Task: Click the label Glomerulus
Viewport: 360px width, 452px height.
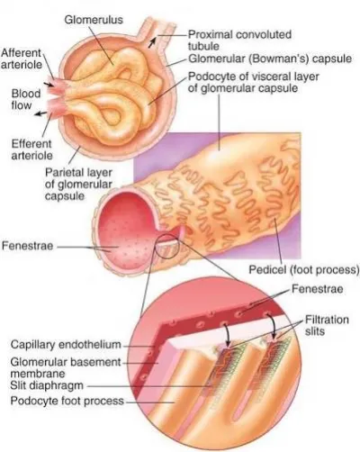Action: point(94,20)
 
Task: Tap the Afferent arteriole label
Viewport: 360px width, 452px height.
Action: point(22,59)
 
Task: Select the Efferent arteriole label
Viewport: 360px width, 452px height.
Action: point(31,149)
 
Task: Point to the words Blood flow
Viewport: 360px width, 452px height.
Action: point(26,99)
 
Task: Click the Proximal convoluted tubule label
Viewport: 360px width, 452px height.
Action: point(239,41)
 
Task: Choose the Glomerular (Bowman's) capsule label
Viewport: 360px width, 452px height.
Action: point(270,59)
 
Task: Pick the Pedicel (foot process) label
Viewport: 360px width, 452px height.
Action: point(304,269)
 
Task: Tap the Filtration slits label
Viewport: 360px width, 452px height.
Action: point(327,325)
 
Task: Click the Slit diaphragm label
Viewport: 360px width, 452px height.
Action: point(47,385)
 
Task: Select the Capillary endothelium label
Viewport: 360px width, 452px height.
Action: point(66,344)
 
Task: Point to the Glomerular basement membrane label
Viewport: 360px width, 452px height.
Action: point(66,367)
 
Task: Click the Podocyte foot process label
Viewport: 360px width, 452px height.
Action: point(67,401)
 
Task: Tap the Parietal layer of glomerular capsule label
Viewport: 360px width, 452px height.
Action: point(78,184)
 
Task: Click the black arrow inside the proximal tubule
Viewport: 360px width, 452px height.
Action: point(152,42)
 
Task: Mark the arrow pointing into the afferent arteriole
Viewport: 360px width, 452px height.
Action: point(48,84)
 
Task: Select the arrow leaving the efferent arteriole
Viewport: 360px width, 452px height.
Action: point(40,113)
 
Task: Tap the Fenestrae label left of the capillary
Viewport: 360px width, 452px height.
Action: point(27,246)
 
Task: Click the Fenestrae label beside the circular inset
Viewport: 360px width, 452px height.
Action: point(318,289)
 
